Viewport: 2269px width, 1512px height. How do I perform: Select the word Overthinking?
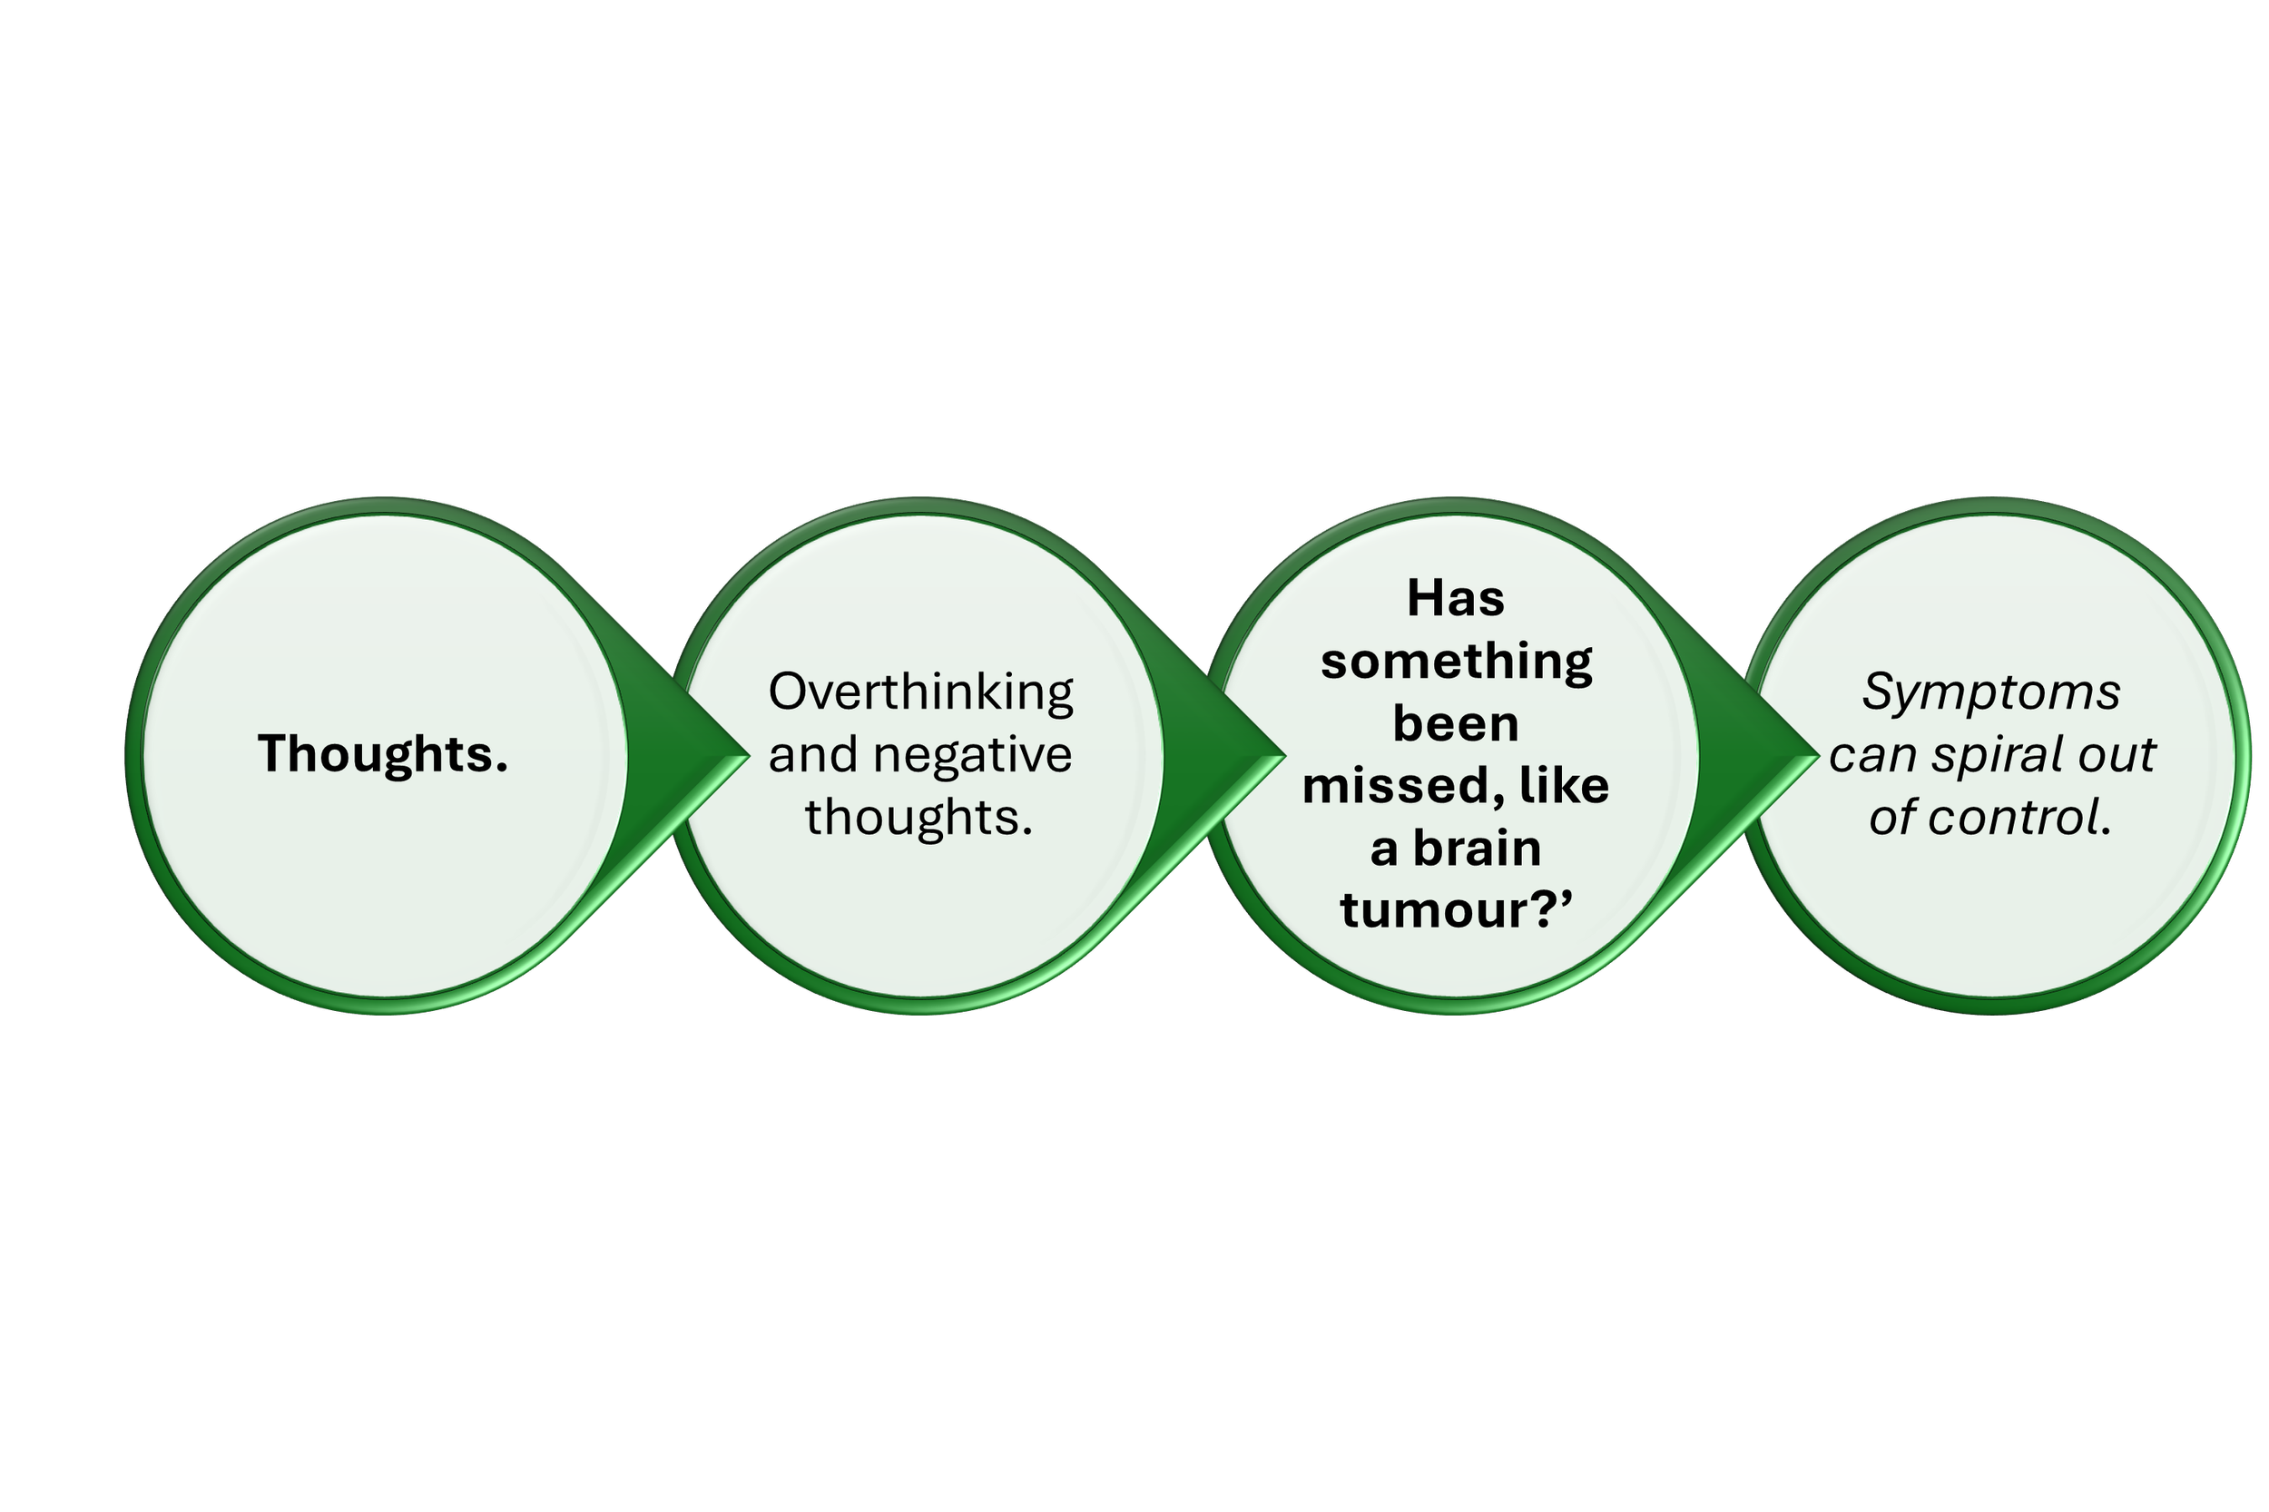coord(920,692)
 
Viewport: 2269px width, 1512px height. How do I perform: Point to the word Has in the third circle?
coord(1455,599)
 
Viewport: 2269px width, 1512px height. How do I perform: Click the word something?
coord(1455,663)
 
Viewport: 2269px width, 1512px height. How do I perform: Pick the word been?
coord(1455,724)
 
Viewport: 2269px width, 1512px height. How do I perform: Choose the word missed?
coord(1402,787)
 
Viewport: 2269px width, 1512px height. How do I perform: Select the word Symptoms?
coord(1990,692)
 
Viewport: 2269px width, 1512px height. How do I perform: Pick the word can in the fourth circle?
coord(1861,755)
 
